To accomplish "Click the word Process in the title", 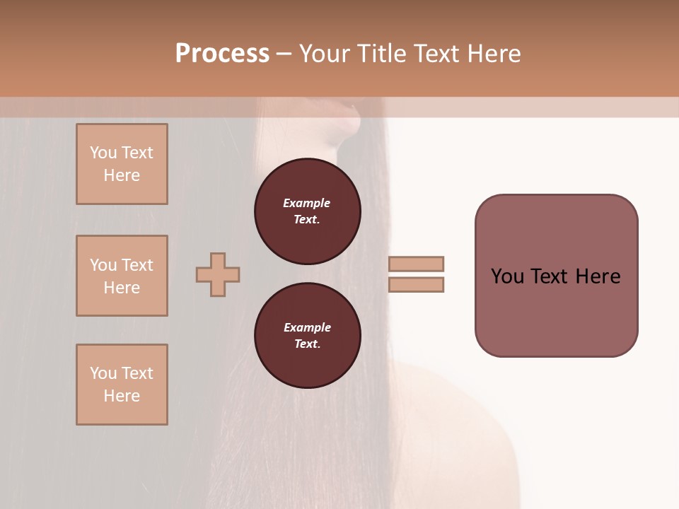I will point(222,54).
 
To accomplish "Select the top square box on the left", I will point(122,164).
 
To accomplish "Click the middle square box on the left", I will point(122,276).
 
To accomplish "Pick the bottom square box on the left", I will point(122,385).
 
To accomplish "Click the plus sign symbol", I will point(218,274).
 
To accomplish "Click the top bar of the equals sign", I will point(417,264).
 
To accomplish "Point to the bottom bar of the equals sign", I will point(417,285).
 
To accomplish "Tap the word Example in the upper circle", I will point(307,203).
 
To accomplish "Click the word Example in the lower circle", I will point(307,327).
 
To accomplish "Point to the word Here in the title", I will point(493,54).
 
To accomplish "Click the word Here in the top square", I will point(122,175).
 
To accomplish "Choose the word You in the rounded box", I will point(507,276).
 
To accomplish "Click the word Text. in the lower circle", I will point(307,344).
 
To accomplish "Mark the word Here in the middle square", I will point(122,288).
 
